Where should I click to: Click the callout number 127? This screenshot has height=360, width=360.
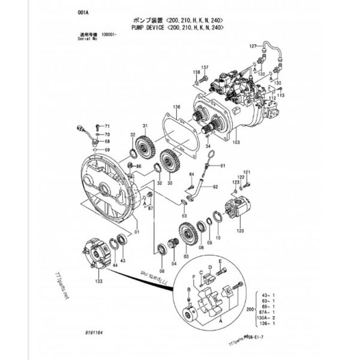(252, 46)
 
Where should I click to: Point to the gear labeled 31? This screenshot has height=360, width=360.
(144, 146)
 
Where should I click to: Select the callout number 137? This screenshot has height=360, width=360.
(205, 67)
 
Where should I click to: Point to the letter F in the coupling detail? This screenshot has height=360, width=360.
(193, 278)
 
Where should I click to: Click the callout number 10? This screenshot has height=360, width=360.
(218, 238)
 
